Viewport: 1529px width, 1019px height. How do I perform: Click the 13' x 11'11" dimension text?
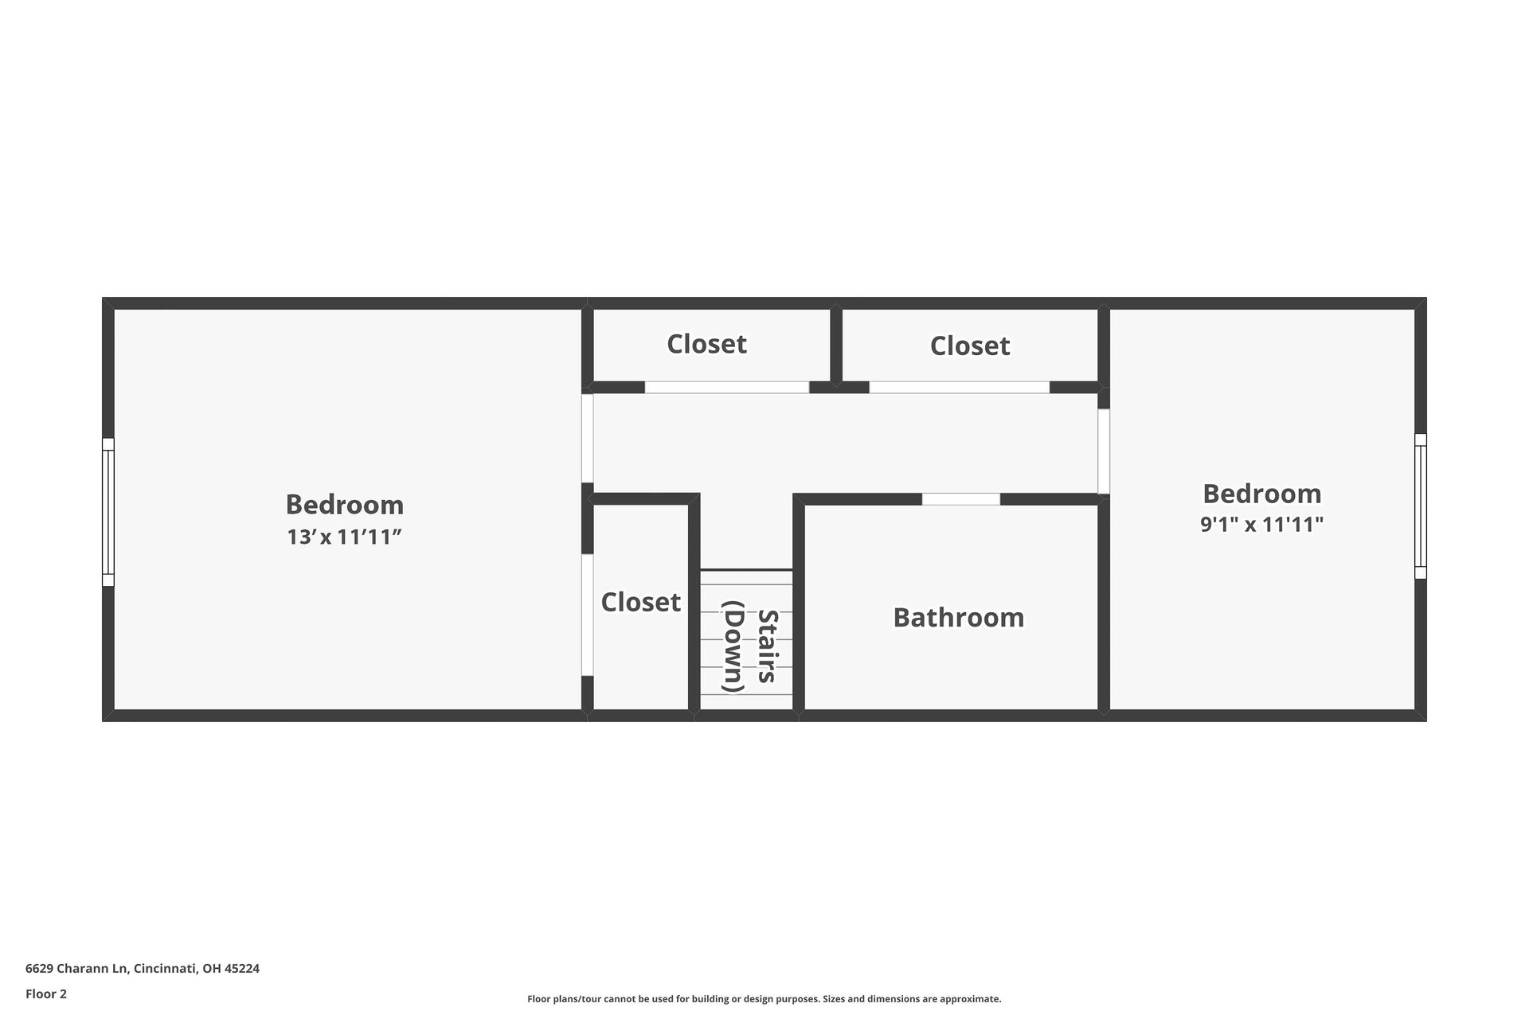[344, 537]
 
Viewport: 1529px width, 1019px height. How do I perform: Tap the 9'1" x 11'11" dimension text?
[1262, 525]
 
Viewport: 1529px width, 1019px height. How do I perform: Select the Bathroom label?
[959, 618]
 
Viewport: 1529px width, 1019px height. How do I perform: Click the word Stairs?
[767, 646]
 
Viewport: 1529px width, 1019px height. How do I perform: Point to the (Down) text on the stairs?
[733, 646]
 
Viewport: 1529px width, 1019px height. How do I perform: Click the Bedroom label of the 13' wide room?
[344, 505]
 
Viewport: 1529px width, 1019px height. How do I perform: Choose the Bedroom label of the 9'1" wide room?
[1262, 494]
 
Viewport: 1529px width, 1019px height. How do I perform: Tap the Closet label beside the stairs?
[641, 602]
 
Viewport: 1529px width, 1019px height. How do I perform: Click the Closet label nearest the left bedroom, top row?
[707, 344]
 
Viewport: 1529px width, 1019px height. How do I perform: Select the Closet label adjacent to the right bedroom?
[970, 346]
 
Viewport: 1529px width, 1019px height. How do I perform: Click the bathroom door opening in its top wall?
[961, 499]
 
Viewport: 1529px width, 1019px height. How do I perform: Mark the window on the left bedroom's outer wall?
[108, 512]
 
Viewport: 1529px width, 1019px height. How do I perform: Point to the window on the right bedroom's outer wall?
[1421, 506]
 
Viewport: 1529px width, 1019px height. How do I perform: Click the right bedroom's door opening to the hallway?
[1104, 451]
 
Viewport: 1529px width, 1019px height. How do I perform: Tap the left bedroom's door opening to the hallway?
[588, 439]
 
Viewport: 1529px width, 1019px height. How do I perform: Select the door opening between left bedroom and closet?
[588, 615]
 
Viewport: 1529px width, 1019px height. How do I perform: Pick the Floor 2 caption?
[46, 994]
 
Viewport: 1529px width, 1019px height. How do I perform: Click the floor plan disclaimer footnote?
[764, 999]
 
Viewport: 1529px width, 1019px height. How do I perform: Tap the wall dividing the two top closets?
[836, 346]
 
